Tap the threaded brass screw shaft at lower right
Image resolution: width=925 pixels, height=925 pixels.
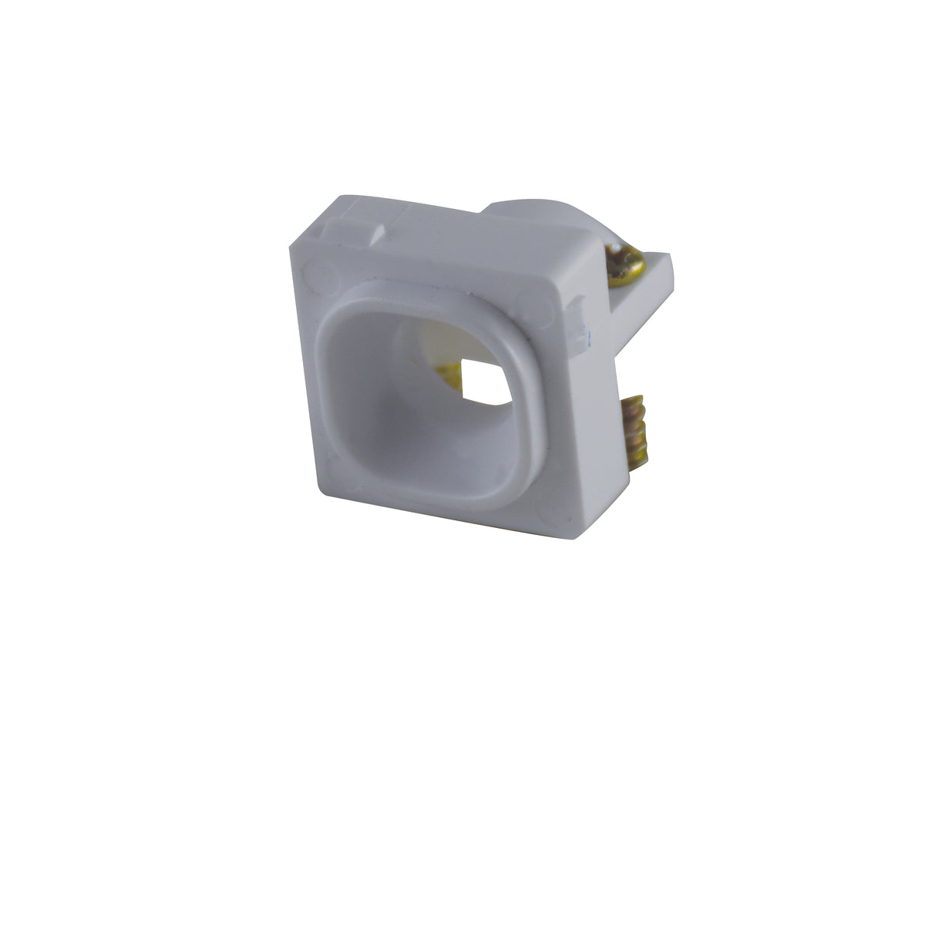pos(635,432)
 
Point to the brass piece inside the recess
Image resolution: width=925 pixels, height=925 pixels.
pos(449,376)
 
